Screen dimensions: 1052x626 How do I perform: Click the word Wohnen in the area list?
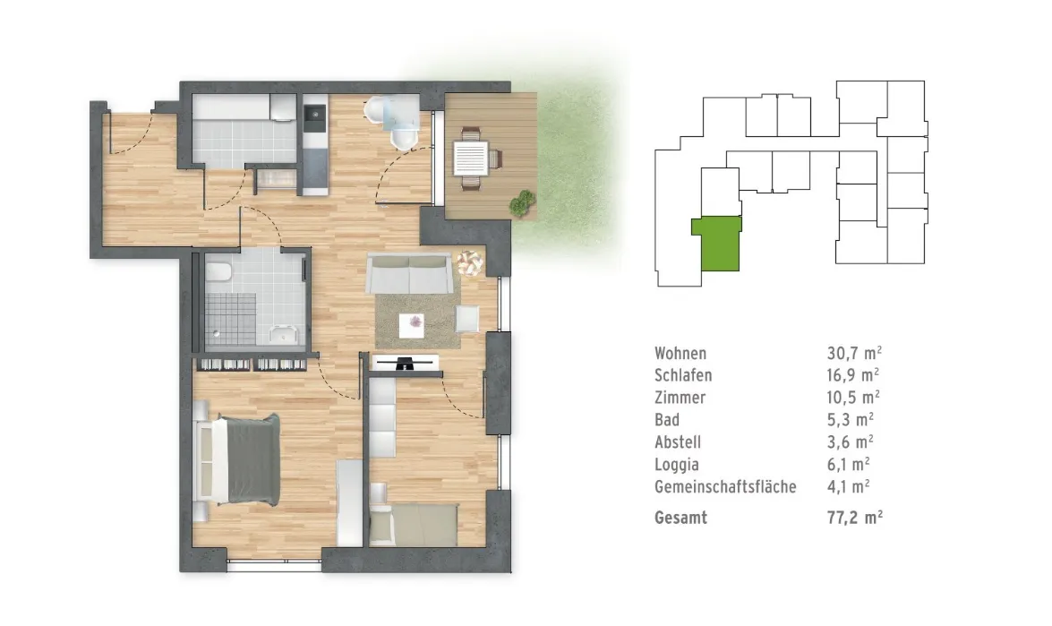point(680,354)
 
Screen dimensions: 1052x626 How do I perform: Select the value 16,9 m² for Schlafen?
point(852,375)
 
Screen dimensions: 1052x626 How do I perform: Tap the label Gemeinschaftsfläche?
point(725,486)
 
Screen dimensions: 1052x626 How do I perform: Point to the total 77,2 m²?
point(855,518)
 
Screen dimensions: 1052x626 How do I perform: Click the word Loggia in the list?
point(677,464)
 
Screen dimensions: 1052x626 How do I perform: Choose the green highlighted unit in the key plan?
point(717,244)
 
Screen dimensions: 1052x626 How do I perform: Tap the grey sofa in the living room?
point(408,273)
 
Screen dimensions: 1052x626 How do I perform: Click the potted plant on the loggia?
point(522,203)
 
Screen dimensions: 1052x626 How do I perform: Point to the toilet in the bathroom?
point(218,272)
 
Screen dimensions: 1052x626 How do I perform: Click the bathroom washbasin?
point(283,333)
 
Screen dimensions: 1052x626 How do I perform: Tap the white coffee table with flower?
point(411,326)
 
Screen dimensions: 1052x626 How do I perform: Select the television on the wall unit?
point(405,364)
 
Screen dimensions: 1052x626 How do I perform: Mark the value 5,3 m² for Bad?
point(850,420)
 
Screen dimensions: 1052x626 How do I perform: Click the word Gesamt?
point(681,518)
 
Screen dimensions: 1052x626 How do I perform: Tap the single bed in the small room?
point(414,526)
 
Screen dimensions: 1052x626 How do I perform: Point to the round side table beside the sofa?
point(470,262)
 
